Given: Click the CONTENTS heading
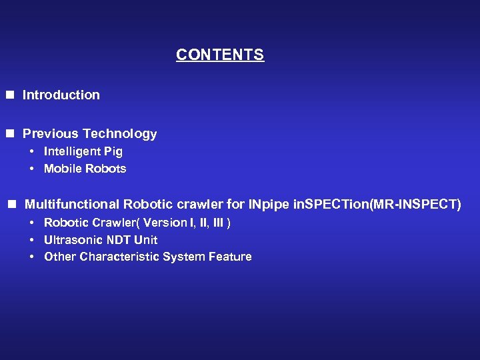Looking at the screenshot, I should [220, 55].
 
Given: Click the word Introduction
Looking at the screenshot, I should [61, 95].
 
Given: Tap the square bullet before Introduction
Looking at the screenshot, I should [10, 95].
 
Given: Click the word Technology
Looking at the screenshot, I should [118, 134].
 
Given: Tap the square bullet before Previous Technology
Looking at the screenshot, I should [10, 134].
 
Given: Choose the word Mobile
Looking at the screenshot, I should [61, 169].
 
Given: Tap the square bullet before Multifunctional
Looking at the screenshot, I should [11, 204].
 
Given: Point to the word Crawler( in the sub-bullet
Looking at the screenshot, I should [115, 223].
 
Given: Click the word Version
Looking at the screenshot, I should [161, 223].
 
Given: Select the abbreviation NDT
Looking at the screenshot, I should [116, 240].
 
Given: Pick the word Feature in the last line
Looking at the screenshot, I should [230, 257].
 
